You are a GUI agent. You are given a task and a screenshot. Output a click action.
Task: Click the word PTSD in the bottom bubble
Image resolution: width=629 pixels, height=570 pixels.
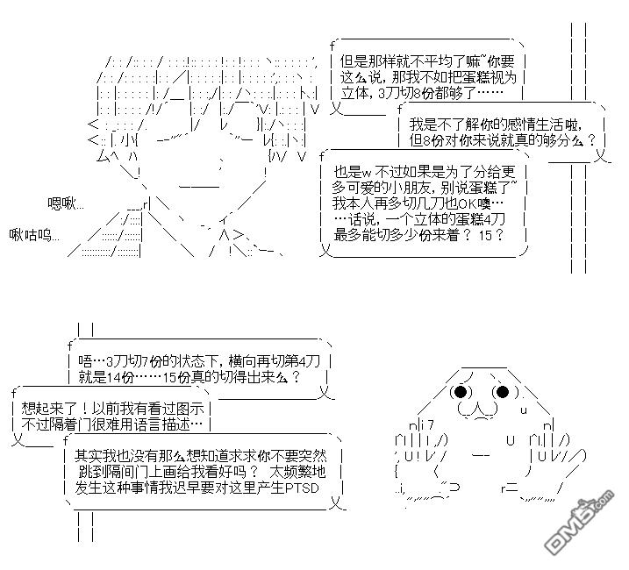(x=301, y=487)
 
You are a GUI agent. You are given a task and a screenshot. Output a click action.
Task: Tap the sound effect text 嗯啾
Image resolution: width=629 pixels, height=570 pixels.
(x=66, y=203)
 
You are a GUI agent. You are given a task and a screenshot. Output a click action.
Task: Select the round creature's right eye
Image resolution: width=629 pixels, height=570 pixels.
(x=503, y=392)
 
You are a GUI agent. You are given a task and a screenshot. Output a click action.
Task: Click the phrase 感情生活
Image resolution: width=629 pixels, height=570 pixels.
(x=509, y=124)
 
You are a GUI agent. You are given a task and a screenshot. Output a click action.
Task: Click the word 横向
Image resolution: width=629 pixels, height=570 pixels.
(x=223, y=360)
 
